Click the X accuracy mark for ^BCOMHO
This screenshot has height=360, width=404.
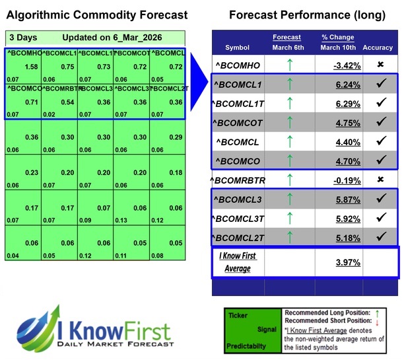click(380, 65)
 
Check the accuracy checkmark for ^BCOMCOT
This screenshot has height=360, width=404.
click(380, 122)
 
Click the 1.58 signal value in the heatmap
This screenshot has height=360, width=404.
click(30, 67)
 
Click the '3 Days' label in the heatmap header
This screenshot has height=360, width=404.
click(23, 38)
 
